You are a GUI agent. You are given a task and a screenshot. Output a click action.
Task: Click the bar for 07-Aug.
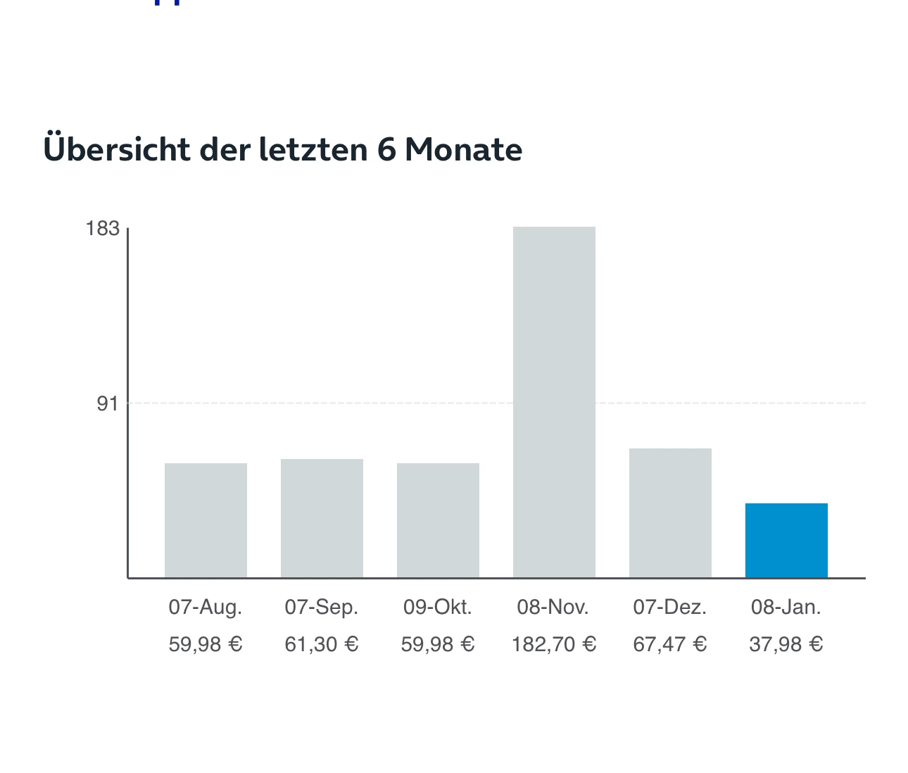click(x=206, y=520)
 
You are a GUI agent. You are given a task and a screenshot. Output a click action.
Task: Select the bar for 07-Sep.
click(x=322, y=518)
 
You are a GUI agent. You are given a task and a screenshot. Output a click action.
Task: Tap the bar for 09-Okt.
click(x=438, y=520)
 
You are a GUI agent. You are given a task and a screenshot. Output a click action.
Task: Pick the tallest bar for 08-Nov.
click(x=554, y=402)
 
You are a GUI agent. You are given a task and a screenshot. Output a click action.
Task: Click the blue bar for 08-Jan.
click(x=786, y=540)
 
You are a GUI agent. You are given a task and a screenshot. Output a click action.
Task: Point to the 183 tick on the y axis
click(x=102, y=228)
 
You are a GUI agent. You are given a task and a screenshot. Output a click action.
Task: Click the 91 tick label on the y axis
click(x=108, y=403)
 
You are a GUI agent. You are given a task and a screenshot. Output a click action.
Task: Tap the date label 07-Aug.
click(x=206, y=607)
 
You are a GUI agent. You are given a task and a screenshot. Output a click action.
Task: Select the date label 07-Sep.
click(x=322, y=607)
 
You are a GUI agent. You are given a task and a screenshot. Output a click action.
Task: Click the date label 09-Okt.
click(x=438, y=607)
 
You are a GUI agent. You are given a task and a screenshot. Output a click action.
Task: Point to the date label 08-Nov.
click(x=553, y=607)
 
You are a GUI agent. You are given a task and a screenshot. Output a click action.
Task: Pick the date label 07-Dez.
click(x=670, y=607)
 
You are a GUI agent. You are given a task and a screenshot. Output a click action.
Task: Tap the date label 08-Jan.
click(x=786, y=607)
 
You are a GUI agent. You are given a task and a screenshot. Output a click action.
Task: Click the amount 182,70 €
click(x=554, y=644)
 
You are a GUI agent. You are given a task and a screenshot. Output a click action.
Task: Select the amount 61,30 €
click(x=322, y=644)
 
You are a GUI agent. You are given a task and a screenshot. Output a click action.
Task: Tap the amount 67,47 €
click(x=670, y=644)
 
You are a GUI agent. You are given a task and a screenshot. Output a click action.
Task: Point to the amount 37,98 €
click(x=786, y=644)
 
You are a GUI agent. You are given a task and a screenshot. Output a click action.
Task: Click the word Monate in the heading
click(x=463, y=149)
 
